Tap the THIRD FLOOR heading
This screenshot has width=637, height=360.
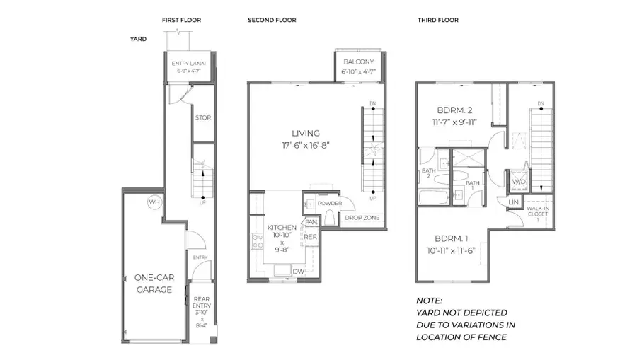(438, 21)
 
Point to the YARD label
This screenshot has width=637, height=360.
(138, 39)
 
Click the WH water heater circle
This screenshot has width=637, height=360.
(154, 202)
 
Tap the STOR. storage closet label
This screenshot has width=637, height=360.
(203, 118)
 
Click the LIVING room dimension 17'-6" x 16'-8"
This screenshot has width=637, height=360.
(306, 146)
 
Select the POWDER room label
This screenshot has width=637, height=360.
(330, 204)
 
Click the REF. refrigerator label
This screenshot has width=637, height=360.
(310, 237)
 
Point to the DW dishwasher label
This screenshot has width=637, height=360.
(298, 271)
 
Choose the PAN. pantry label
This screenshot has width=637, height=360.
(310, 222)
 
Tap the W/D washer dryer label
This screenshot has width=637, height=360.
(518, 182)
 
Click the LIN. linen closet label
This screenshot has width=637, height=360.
(514, 203)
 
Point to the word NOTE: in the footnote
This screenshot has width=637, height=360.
(429, 301)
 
